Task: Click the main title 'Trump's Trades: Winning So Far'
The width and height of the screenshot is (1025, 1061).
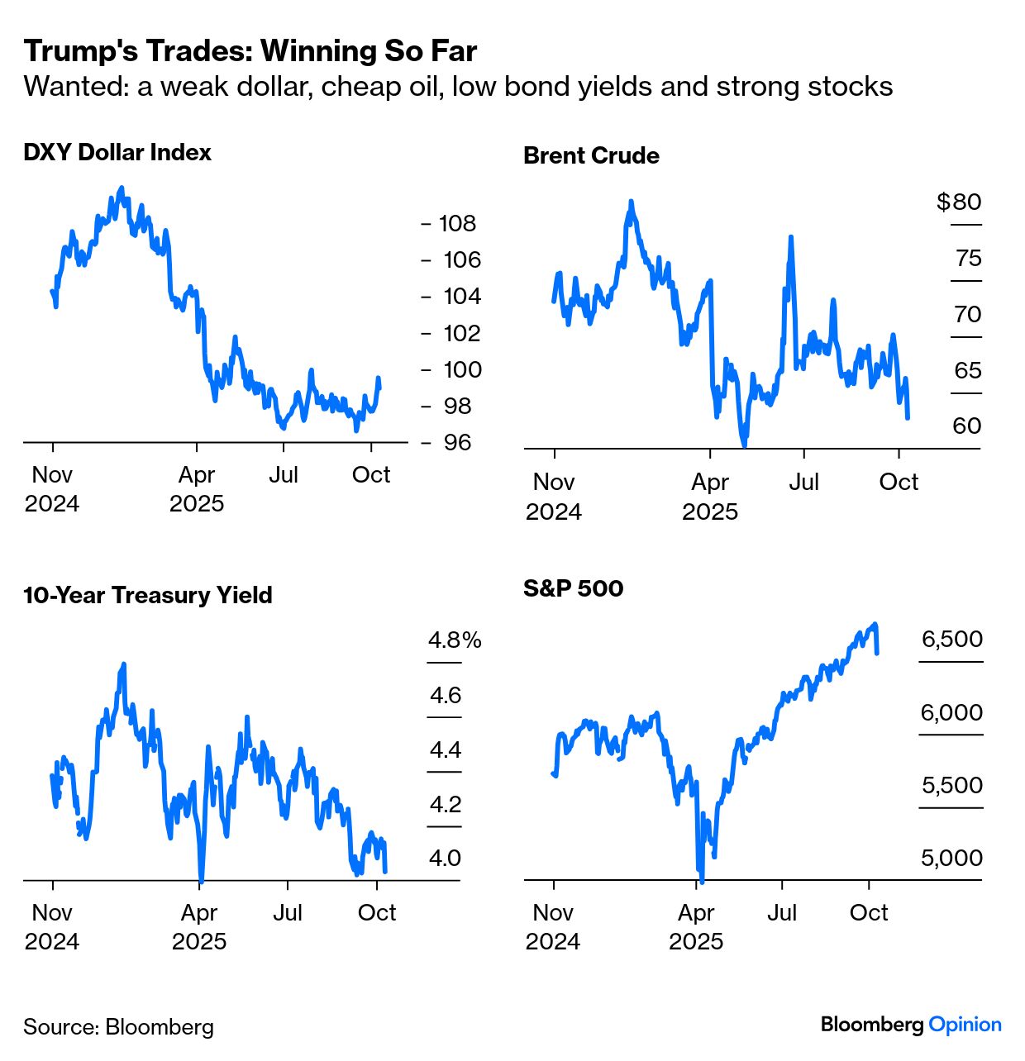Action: pos(250,51)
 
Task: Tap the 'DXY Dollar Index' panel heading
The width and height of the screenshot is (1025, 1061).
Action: pos(117,153)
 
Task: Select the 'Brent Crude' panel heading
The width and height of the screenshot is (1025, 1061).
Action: pos(591,156)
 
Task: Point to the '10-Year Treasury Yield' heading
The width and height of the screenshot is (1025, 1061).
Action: pos(148,596)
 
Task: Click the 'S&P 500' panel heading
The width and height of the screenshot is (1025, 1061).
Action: pos(574,588)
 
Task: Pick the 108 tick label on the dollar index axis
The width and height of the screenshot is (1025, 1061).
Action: pos(457,223)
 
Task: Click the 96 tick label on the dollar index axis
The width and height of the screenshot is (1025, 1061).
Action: pos(457,443)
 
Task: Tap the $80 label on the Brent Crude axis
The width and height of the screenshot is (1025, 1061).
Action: pos(959,202)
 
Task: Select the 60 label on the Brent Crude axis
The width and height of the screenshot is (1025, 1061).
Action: pos(967,426)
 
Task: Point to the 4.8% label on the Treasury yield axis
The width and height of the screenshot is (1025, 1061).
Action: pos(455,640)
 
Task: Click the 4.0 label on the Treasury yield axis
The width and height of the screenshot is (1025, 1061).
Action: pos(445,859)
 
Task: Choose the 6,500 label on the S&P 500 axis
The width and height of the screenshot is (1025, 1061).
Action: pos(952,640)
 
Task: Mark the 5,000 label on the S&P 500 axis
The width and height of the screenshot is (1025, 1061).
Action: pos(952,859)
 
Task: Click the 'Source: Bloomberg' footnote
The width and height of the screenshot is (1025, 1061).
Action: pos(118,1027)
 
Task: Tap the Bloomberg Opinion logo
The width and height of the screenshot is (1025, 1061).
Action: pos(911,1025)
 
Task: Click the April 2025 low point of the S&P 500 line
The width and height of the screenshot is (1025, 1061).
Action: pos(702,881)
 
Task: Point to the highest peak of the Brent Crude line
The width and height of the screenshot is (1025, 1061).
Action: pos(631,202)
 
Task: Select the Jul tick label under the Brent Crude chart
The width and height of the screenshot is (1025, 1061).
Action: pos(803,483)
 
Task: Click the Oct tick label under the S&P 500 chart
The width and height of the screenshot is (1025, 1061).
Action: pos(869,913)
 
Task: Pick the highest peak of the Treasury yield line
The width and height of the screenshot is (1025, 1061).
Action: pos(124,664)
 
